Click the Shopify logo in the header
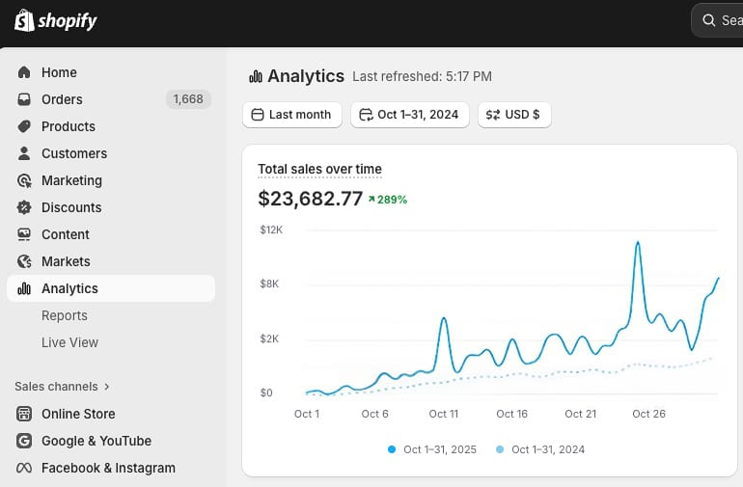(x=56, y=20)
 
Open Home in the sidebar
(x=58, y=72)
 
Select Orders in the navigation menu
(x=62, y=99)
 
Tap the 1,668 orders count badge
(x=188, y=99)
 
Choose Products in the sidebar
(x=68, y=126)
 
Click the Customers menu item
(x=73, y=153)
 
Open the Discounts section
(x=70, y=207)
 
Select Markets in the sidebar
(x=66, y=261)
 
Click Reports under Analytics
(x=65, y=315)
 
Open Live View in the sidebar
(x=69, y=342)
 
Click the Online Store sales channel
(x=77, y=414)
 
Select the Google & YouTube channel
(x=96, y=441)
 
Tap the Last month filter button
(x=291, y=115)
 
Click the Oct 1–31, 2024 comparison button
(x=409, y=115)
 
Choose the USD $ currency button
(x=514, y=115)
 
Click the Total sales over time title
(x=319, y=170)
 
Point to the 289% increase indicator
(x=388, y=200)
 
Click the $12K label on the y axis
(x=271, y=230)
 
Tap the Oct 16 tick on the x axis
(x=512, y=414)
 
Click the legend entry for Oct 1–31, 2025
(x=439, y=449)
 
